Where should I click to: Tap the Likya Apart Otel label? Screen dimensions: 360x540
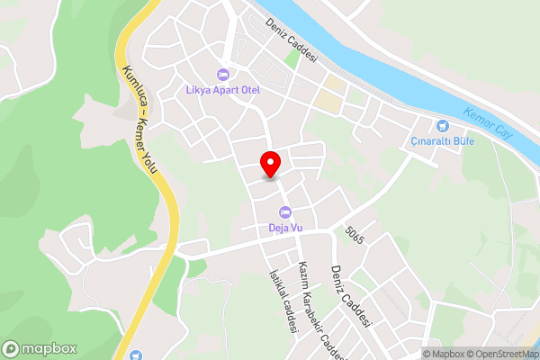tap(224, 90)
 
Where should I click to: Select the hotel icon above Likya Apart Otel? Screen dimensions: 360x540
tap(224, 74)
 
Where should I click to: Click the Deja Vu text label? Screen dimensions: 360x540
tap(285, 228)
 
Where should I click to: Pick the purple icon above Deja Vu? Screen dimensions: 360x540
tap(285, 212)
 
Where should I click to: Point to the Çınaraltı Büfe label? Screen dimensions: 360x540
tap(442, 140)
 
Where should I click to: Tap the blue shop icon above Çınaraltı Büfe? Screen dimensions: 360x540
tap(442, 125)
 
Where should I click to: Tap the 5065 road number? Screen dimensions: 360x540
tap(354, 232)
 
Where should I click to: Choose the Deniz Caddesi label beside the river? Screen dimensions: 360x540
tap(292, 39)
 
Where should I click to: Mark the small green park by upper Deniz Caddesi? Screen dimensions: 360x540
tap(292, 58)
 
